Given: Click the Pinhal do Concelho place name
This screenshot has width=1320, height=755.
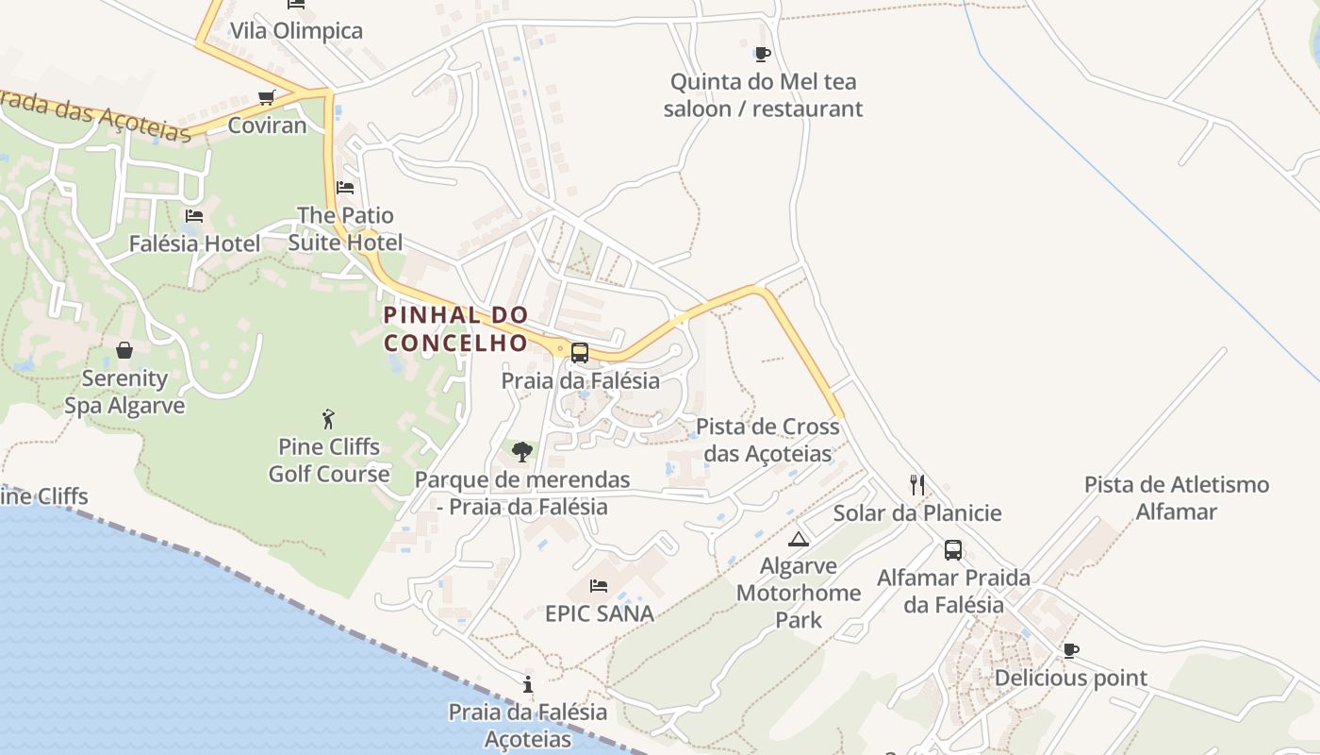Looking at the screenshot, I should click(x=455, y=328).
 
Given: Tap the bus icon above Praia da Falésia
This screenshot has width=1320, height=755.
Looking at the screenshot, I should click(x=580, y=353).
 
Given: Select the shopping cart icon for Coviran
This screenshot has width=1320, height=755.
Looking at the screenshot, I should click(x=267, y=97).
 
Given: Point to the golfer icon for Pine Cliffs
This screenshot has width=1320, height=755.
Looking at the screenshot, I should click(x=328, y=418).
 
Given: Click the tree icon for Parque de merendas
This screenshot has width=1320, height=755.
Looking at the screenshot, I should click(x=521, y=452).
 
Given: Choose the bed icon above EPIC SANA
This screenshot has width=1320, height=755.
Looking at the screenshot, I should click(x=599, y=586).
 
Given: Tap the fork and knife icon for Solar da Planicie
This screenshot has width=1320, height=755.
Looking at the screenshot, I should click(x=917, y=485).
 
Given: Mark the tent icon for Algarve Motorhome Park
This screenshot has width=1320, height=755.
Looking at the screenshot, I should click(x=799, y=539).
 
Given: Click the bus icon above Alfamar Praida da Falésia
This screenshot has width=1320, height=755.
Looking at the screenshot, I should click(x=953, y=550).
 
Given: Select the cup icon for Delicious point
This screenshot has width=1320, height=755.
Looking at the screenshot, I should click(x=1071, y=650).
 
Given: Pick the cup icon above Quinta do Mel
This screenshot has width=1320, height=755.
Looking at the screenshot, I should click(x=763, y=54).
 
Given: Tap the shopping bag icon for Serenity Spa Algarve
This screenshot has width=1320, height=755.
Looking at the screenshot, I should click(x=124, y=351).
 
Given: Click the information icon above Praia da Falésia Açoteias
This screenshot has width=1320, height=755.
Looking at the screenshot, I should click(x=528, y=684).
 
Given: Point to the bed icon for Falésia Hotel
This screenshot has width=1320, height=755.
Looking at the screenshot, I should click(x=194, y=216).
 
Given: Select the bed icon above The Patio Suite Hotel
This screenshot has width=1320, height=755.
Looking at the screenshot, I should click(x=345, y=188).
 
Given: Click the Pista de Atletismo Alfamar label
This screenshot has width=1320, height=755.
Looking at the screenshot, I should click(x=1177, y=498).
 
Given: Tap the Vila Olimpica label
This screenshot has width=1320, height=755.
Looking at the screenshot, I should click(x=296, y=30).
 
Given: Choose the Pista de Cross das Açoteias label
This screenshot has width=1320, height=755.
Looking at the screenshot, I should click(x=767, y=440).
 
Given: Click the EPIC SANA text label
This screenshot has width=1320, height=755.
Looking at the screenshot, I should click(x=600, y=613).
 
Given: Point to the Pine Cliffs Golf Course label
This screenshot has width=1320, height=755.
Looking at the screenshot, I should click(x=329, y=460).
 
